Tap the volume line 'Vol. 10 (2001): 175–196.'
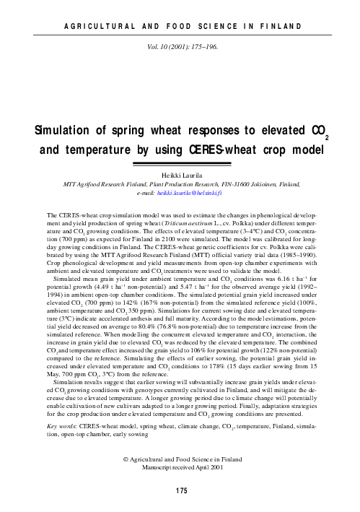coord(180,44)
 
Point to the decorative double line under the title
coord(180,165)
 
